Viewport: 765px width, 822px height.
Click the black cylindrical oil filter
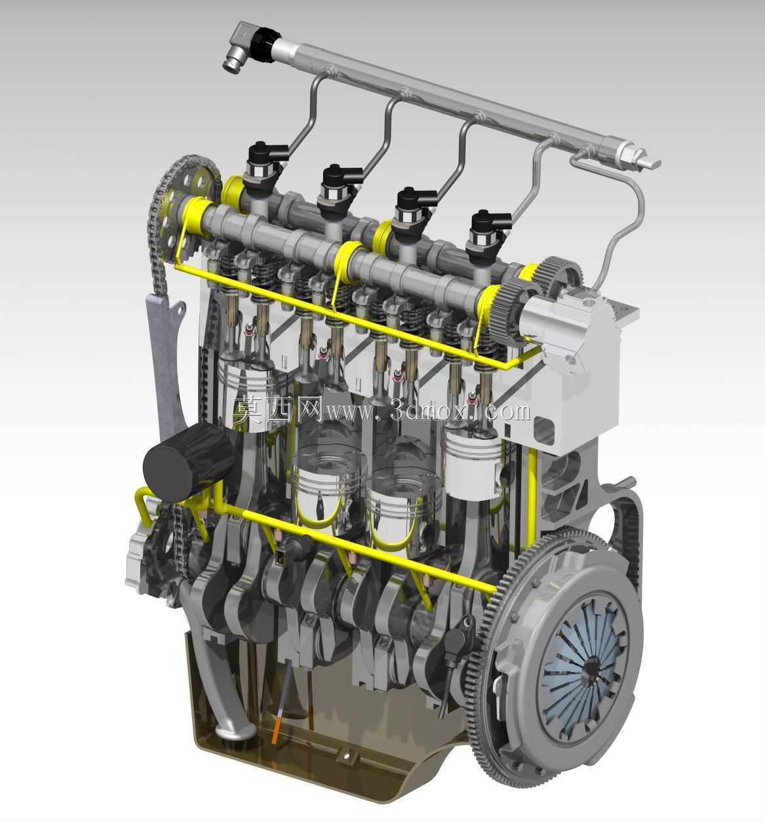(x=186, y=463)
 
